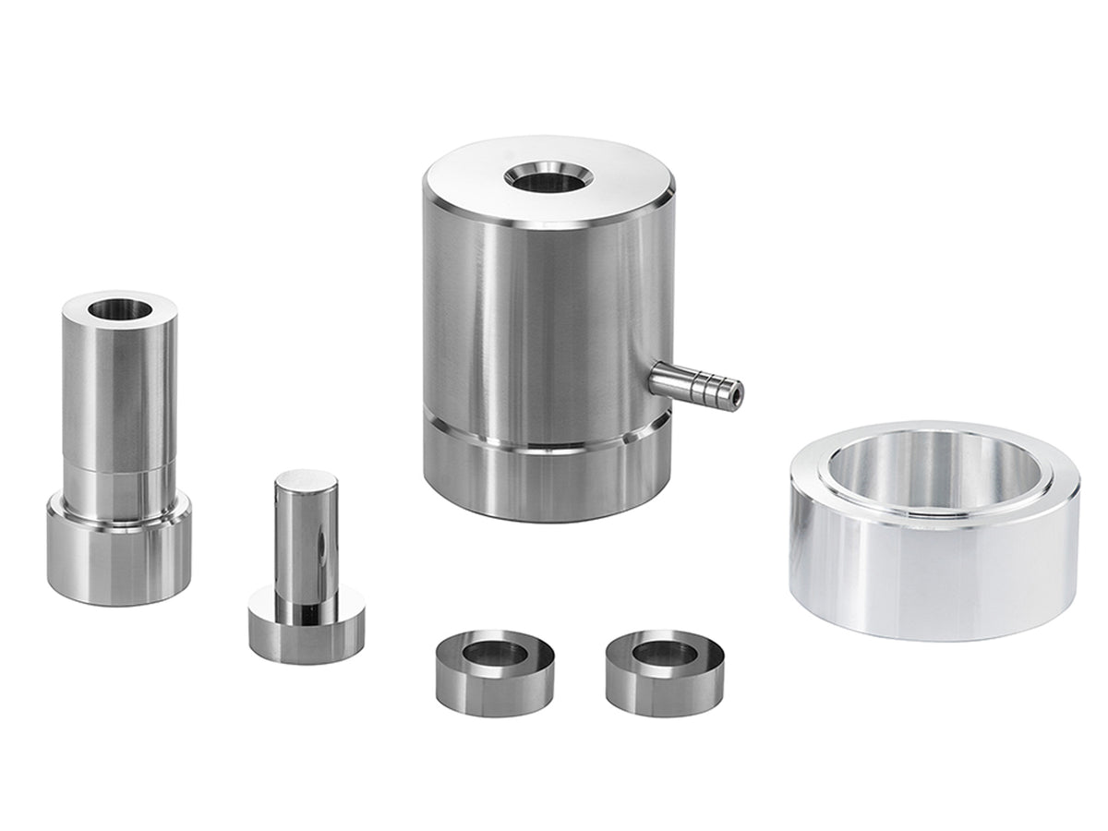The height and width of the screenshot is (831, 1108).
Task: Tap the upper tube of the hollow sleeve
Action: coord(118,388)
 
